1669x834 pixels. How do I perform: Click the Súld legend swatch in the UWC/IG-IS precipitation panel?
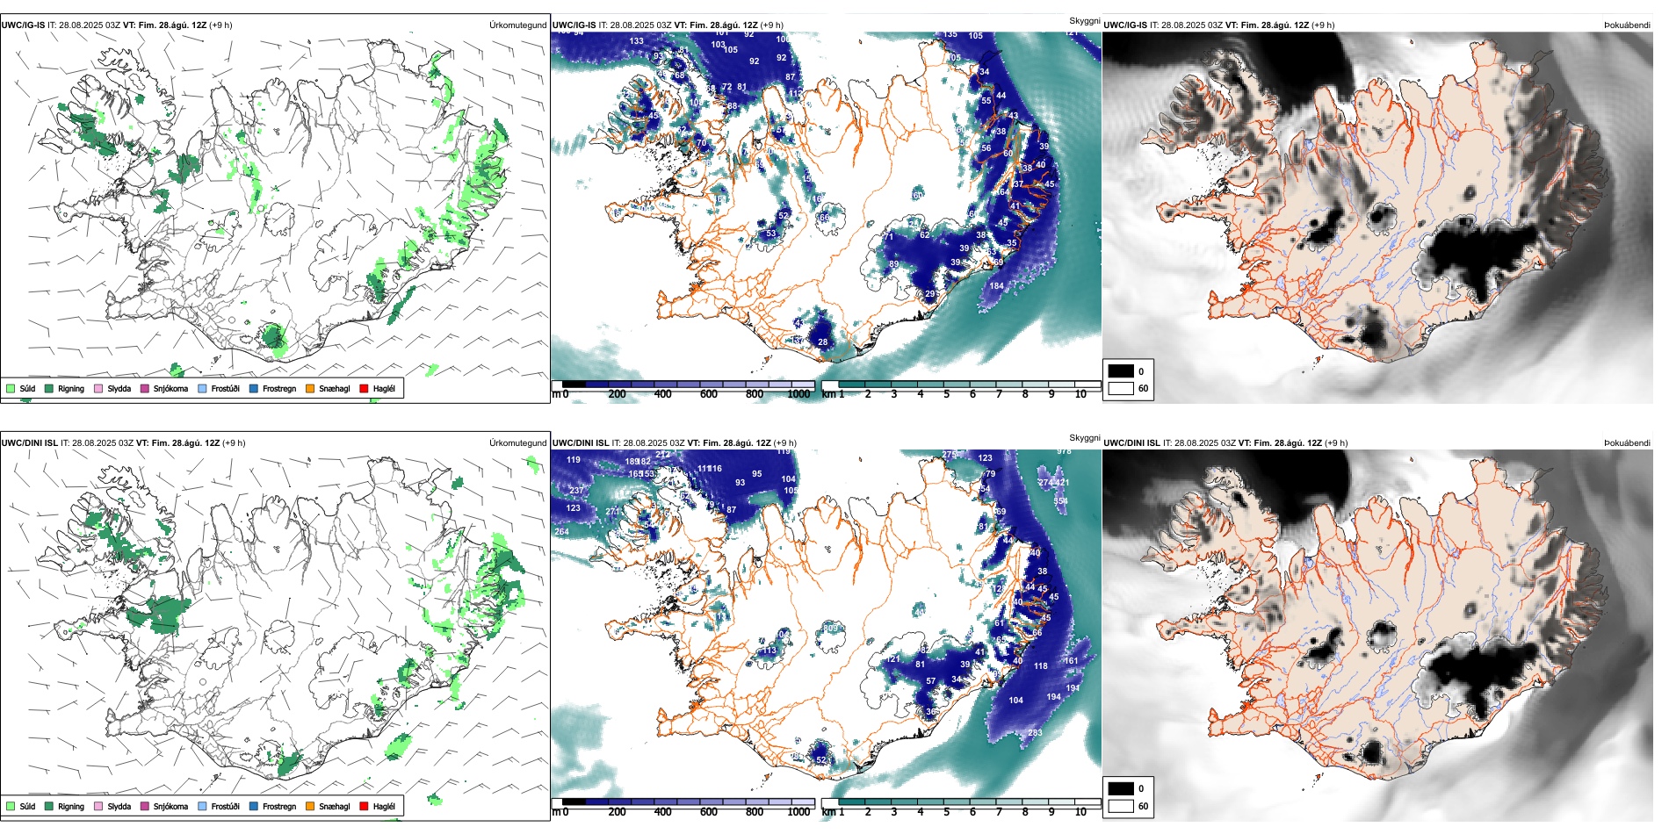[11, 388]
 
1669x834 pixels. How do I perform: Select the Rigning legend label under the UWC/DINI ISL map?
[71, 806]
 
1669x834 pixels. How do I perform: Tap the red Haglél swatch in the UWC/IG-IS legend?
[364, 388]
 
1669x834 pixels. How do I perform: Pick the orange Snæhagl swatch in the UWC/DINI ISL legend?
[310, 806]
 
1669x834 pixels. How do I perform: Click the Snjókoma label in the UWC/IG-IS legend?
[170, 388]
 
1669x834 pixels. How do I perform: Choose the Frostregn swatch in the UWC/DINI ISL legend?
[254, 806]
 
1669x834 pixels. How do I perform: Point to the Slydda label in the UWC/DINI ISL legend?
[119, 806]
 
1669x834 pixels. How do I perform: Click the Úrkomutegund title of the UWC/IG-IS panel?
[517, 25]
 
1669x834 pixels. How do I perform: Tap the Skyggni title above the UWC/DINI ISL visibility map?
[1084, 437]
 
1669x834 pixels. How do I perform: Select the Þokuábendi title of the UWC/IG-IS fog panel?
[1627, 25]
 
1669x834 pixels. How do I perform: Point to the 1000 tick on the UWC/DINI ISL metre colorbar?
[798, 812]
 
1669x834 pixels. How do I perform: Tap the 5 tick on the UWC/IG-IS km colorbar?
[947, 394]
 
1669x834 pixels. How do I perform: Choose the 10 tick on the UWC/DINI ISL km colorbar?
[1080, 812]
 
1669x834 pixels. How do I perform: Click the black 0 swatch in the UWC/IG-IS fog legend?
[1121, 371]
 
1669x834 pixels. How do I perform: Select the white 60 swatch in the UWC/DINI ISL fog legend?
[1121, 806]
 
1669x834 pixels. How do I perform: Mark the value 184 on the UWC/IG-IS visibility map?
[996, 286]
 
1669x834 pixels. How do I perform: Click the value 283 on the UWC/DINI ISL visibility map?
[1035, 733]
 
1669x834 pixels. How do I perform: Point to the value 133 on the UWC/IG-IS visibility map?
[636, 41]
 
